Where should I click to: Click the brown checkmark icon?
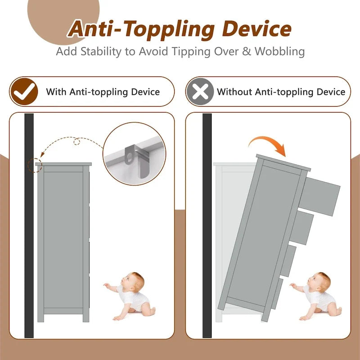[24, 91]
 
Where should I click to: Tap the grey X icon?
[200, 91]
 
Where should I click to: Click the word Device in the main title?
[256, 29]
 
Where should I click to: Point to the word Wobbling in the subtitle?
[279, 51]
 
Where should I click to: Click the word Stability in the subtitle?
[100, 52]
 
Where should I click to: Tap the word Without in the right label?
[234, 92]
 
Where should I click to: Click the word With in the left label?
[57, 92]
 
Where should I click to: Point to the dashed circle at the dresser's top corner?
[35, 165]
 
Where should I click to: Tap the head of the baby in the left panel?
[133, 282]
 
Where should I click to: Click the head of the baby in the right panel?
[319, 282]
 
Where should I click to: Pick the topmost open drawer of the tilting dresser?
[319, 197]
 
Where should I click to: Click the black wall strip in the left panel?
[29, 225]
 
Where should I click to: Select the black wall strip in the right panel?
[207, 225]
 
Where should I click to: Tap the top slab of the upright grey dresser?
[63, 164]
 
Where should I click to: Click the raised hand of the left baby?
[107, 285]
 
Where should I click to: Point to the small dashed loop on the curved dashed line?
[76, 142]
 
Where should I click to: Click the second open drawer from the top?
[301, 228]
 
